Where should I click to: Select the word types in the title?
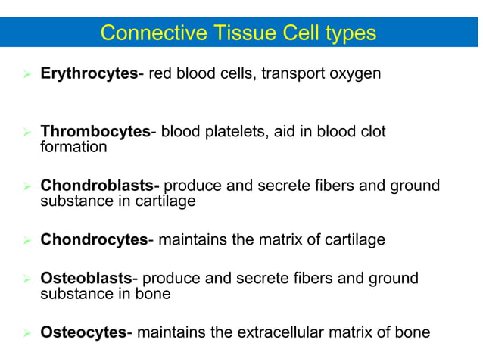347,33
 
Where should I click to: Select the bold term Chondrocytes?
93,240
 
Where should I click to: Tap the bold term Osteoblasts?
86,279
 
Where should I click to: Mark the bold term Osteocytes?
83,332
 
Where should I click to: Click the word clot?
371,132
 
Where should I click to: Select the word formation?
73,147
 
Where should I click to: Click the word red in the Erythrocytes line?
161,75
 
